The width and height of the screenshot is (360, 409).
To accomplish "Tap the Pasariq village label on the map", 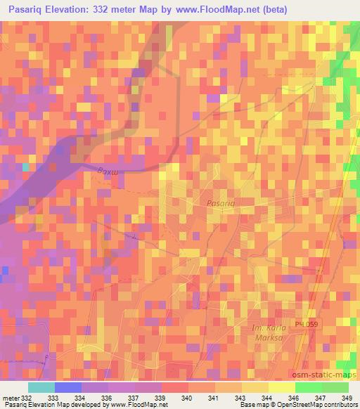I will click(x=220, y=202).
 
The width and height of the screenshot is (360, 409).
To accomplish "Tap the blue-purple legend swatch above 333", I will click(x=68, y=387).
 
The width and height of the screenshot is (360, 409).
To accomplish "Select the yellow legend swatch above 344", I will click(x=255, y=387).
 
